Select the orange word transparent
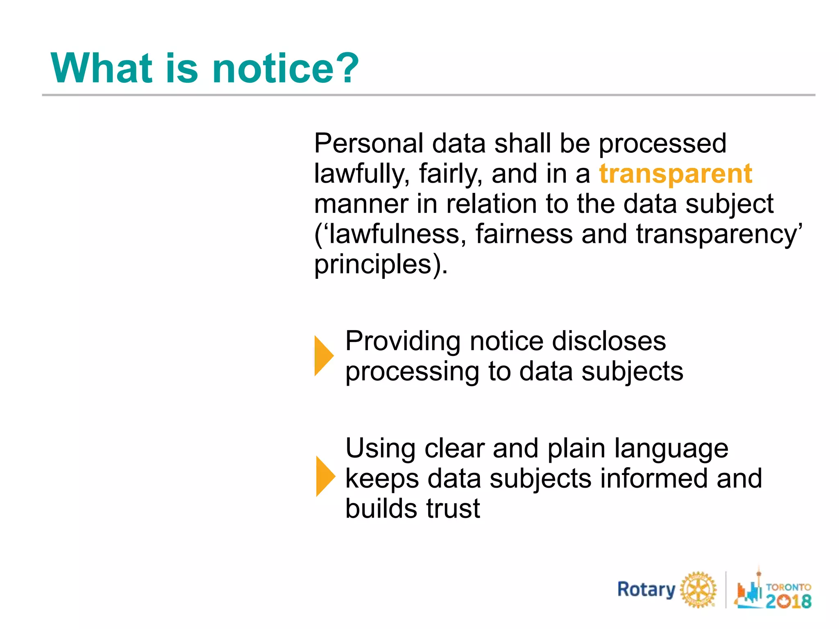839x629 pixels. coord(676,174)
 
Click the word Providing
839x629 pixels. coord(403,341)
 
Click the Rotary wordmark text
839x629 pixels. coord(646,590)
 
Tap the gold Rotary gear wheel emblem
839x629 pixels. coord(698,590)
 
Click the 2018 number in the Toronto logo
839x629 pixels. coord(788,601)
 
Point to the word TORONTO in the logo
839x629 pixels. coord(788,587)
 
